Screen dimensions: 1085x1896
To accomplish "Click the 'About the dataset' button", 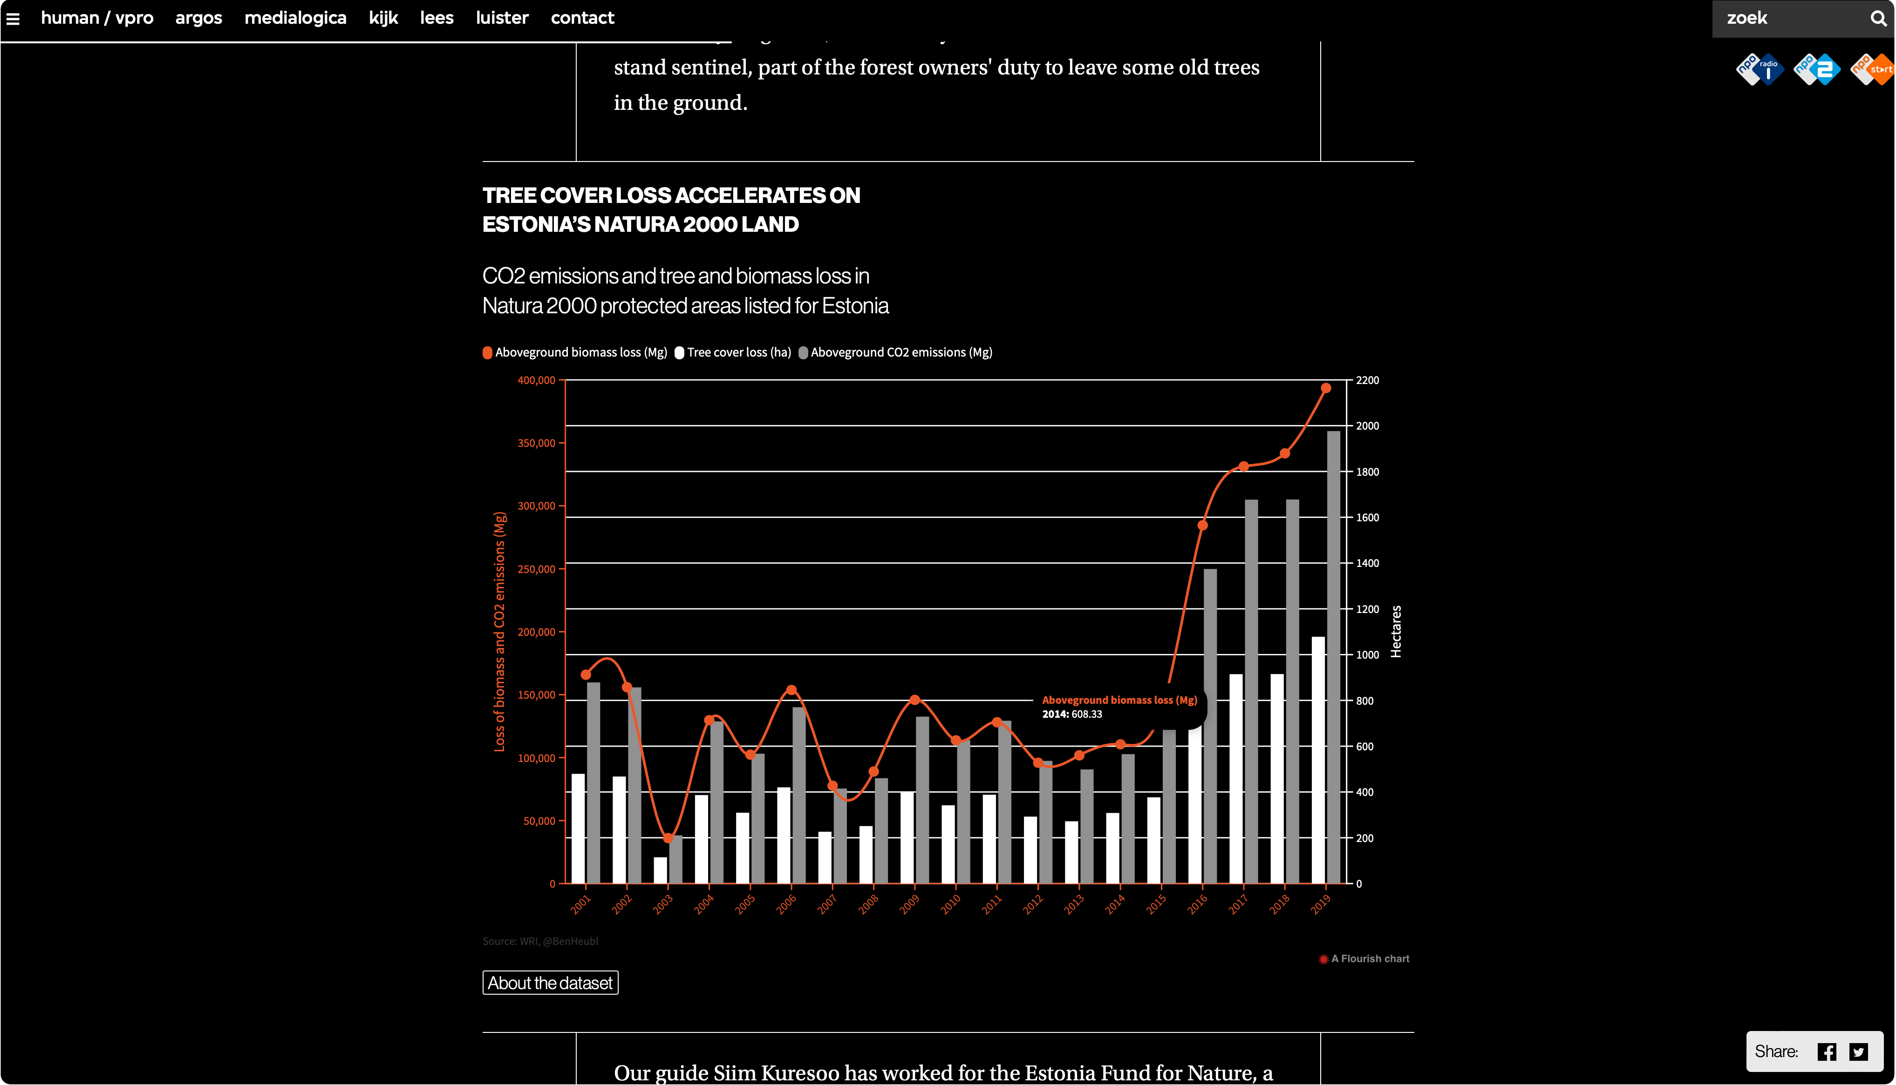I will pyautogui.click(x=550, y=983).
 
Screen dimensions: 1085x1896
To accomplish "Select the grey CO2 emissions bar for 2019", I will pyautogui.click(x=1334, y=656).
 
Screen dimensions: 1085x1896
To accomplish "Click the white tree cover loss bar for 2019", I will pyautogui.click(x=1318, y=760).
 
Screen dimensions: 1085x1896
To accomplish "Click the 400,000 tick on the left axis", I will pyautogui.click(x=537, y=380).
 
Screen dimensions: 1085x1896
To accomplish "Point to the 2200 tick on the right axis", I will pyautogui.click(x=1367, y=380).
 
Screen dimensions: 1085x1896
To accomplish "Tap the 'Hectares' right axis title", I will pyautogui.click(x=1397, y=631).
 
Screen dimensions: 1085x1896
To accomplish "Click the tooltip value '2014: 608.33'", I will pyautogui.click(x=1072, y=714).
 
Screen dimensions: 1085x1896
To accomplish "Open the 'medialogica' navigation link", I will pyautogui.click(x=295, y=18).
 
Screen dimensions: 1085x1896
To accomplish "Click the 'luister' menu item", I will pyautogui.click(x=502, y=18).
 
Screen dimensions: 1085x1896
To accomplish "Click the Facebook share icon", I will pyautogui.click(x=1827, y=1051).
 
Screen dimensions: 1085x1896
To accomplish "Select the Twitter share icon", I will pyautogui.click(x=1859, y=1051).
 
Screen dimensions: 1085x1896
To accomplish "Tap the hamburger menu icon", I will pyautogui.click(x=13, y=19).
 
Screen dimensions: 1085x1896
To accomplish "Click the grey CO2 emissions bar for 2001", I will pyautogui.click(x=593, y=782).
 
